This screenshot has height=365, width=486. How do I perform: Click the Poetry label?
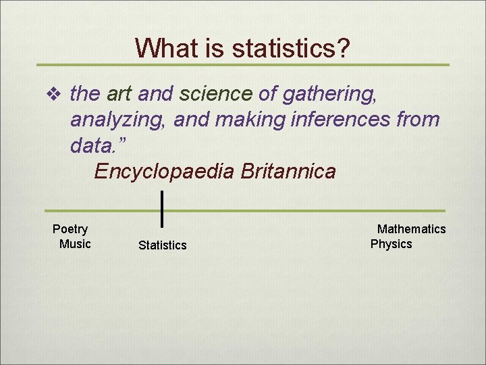point(70,229)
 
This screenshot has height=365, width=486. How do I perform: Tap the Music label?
point(75,244)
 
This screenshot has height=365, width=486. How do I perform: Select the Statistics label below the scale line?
point(162,245)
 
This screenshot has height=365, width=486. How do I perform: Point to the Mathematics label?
point(411,229)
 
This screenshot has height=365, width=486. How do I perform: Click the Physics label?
point(391,244)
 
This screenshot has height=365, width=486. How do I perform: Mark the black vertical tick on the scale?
point(163,209)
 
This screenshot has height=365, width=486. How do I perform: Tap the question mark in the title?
point(343,48)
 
